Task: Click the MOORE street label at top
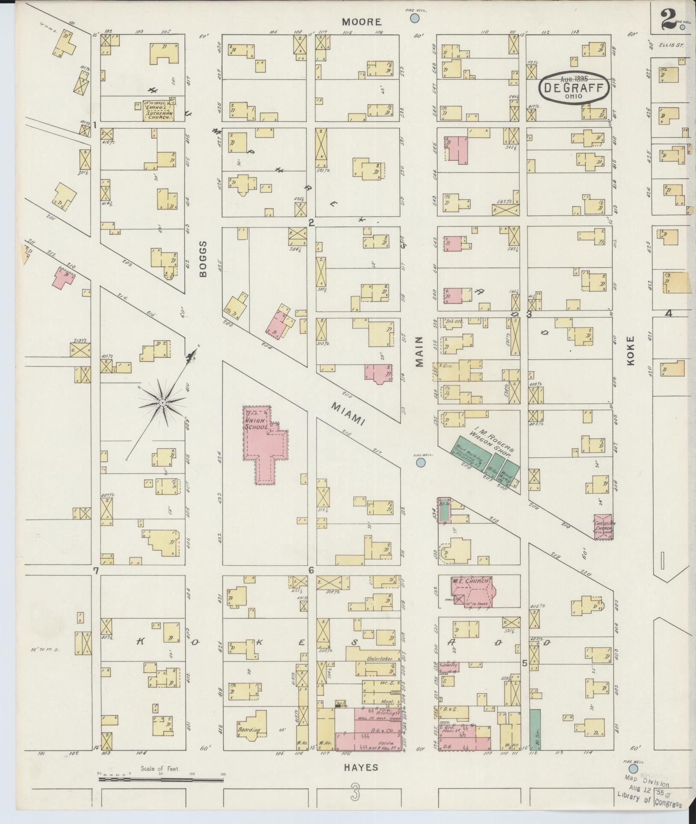tap(361, 22)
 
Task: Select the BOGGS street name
tap(203, 258)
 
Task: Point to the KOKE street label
tap(631, 350)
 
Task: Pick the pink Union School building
tap(265, 445)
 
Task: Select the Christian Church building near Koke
tap(603, 526)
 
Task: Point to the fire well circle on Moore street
tap(414, 18)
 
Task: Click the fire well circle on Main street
tap(421, 463)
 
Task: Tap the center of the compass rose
tap(163, 403)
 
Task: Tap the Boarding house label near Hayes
tap(249, 730)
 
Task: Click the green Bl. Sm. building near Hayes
tap(535, 730)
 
